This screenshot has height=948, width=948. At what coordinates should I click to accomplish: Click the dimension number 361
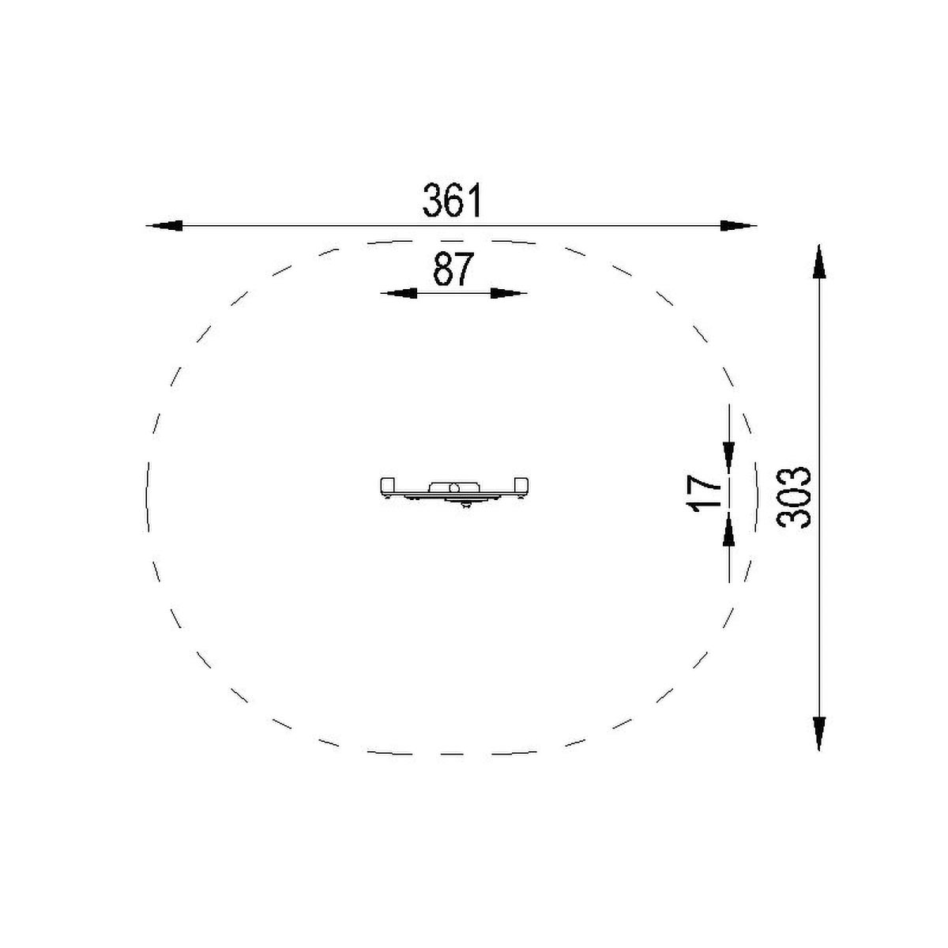tap(451, 200)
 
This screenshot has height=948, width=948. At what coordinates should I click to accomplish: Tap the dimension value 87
tap(453, 269)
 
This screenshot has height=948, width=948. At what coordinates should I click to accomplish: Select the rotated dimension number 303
tap(793, 498)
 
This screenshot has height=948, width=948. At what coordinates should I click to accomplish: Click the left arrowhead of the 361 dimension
tap(164, 226)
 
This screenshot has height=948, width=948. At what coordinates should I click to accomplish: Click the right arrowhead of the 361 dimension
tap(739, 226)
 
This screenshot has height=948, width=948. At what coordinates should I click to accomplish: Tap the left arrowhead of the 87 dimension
tap(398, 293)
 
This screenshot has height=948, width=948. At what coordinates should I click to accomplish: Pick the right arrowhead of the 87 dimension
tap(510, 293)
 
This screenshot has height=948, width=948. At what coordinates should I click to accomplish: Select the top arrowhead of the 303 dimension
tap(819, 261)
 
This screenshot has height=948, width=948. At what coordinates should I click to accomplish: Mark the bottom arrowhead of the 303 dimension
tap(819, 733)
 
